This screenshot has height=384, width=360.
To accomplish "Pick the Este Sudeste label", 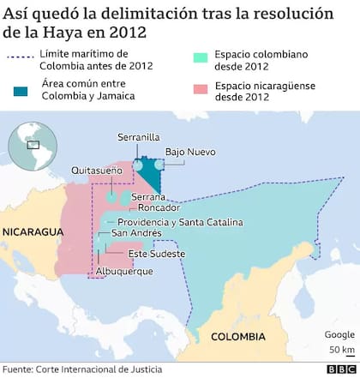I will [154, 255].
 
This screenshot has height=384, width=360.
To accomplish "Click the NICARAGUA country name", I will [33, 232].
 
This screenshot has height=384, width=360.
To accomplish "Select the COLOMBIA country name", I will [240, 336].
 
